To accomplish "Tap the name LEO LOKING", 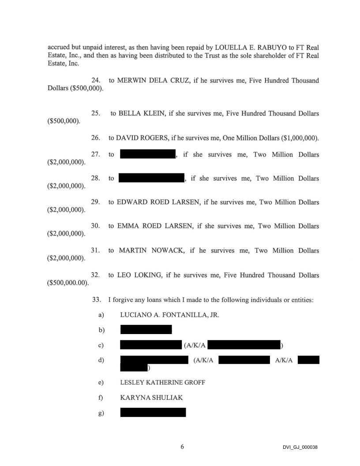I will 137,275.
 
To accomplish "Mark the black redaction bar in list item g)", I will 153,413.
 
